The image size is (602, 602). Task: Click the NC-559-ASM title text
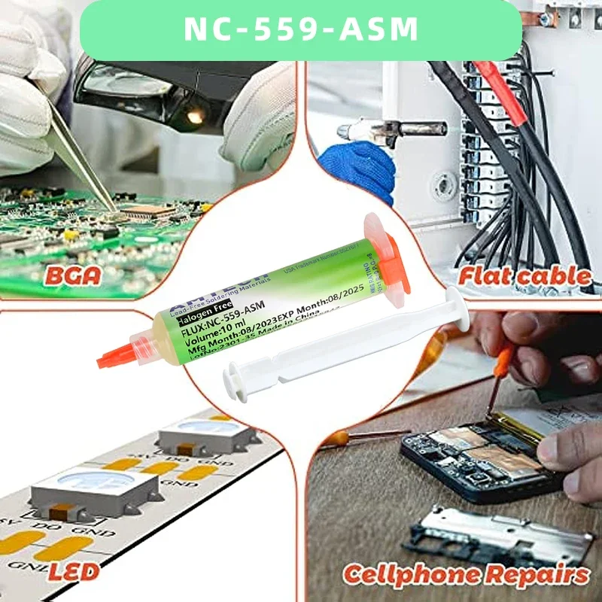point(301,29)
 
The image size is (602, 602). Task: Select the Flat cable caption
point(525,276)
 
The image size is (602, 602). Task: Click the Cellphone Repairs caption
point(466,575)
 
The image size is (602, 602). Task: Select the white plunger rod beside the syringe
point(346,339)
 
